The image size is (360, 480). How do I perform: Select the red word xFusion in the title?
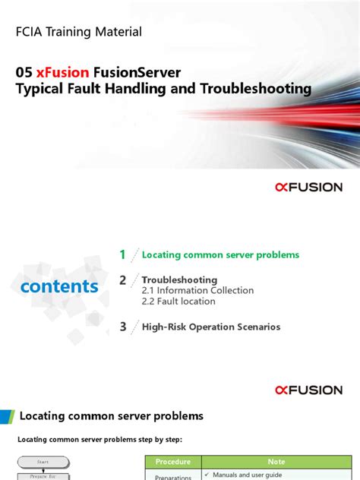pyautogui.click(x=62, y=71)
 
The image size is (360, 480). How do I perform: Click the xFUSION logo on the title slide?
pyautogui.click(x=308, y=187)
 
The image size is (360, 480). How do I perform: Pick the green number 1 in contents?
pyautogui.click(x=122, y=255)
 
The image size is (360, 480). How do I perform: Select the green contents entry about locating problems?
pyautogui.click(x=220, y=255)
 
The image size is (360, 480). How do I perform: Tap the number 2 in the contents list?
pyautogui.click(x=122, y=281)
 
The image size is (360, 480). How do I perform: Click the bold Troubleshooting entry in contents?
pyautogui.click(x=179, y=279)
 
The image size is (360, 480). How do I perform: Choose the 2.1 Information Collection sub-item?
pyautogui.click(x=197, y=290)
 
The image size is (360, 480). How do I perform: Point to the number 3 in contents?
pyautogui.click(x=122, y=327)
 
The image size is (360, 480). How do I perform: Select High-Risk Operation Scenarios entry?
pyautogui.click(x=211, y=327)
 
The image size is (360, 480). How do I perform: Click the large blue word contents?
pyautogui.click(x=59, y=286)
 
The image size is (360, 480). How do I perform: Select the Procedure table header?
pyautogui.click(x=172, y=461)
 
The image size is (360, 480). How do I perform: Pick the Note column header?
pyautogui.click(x=276, y=461)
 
